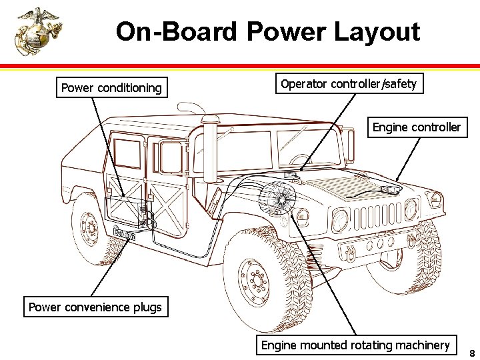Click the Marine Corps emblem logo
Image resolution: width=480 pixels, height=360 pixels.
pyautogui.click(x=38, y=31)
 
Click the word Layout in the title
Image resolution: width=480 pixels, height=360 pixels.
pyautogui.click(x=377, y=31)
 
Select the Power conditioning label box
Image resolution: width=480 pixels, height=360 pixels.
pyautogui.click(x=111, y=88)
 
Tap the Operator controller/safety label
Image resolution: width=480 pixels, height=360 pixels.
pyautogui.click(x=349, y=84)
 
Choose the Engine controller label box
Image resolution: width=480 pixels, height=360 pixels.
pyautogui.click(x=416, y=127)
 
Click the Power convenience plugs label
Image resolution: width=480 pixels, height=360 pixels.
pyautogui.click(x=95, y=307)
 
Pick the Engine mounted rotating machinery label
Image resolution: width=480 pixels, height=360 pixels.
pyautogui.click(x=355, y=345)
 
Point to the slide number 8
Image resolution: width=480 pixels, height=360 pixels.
pyautogui.click(x=471, y=353)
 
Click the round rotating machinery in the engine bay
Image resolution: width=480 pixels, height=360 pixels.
pyautogui.click(x=277, y=198)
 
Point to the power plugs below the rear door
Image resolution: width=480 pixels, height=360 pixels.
pyautogui.click(x=125, y=233)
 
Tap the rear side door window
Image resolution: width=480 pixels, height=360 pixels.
pyautogui.click(x=127, y=153)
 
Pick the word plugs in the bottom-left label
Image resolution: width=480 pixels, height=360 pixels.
pyautogui.click(x=147, y=307)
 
